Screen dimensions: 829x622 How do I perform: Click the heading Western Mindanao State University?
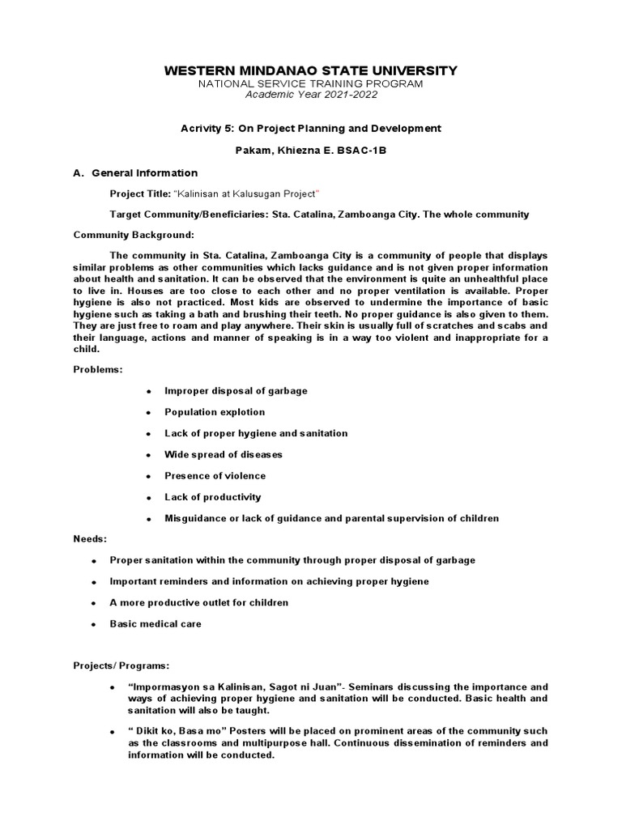click(311, 71)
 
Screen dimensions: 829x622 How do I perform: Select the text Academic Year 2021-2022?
click(311, 95)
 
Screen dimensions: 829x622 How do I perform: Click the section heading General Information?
click(144, 172)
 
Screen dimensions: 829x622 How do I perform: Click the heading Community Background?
click(134, 235)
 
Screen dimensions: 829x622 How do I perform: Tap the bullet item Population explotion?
click(215, 412)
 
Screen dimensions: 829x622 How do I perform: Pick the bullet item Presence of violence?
click(215, 475)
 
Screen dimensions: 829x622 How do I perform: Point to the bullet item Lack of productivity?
click(212, 496)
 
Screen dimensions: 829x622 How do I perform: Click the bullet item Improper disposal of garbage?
click(236, 390)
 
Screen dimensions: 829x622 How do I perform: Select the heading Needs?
click(90, 538)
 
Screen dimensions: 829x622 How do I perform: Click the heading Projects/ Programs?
click(121, 665)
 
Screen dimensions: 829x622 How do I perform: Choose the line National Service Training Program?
click(311, 83)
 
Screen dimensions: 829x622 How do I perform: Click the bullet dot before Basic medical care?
click(94, 625)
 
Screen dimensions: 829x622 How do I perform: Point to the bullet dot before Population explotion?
click(149, 413)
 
